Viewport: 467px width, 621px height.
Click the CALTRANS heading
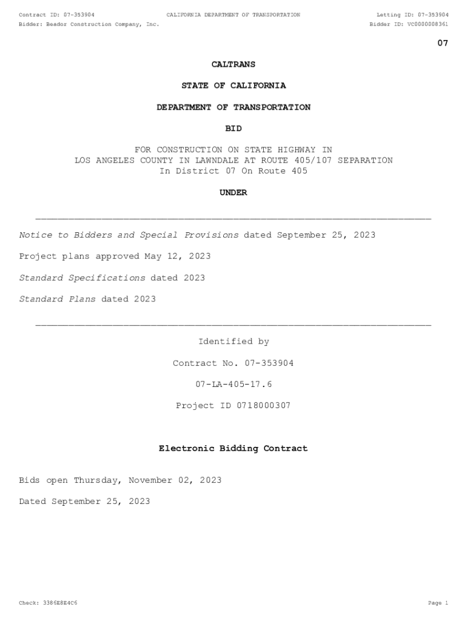(233, 64)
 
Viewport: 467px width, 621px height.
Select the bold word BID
(233, 129)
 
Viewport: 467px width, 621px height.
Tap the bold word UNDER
(233, 193)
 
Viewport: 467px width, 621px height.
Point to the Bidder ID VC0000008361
(428, 24)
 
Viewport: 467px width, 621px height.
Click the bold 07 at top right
(443, 43)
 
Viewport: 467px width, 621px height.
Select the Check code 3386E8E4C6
(57, 603)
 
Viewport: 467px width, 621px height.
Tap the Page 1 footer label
(438, 603)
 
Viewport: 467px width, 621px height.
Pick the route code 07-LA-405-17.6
(233, 384)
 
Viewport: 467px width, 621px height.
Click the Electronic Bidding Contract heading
(233, 449)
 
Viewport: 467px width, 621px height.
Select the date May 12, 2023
(178, 257)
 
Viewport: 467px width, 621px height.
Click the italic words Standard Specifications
(82, 278)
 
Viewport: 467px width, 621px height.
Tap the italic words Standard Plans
(58, 299)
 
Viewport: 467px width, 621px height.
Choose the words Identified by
(233, 342)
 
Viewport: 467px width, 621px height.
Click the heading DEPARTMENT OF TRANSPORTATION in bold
(233, 107)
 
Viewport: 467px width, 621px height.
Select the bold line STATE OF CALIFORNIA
(233, 86)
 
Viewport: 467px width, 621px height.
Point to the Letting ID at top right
(412, 15)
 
